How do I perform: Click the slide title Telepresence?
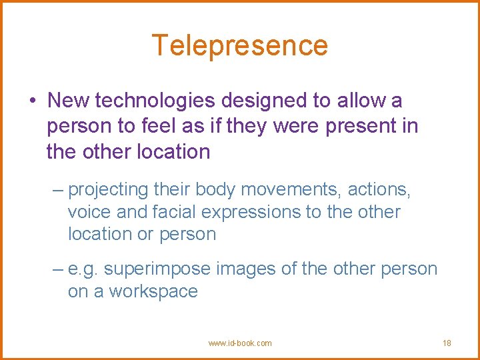(x=240, y=45)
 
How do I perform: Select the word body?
(x=215, y=190)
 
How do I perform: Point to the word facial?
(x=175, y=212)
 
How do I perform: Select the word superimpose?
(x=157, y=269)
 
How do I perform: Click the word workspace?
(x=153, y=291)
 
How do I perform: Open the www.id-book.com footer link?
(x=240, y=343)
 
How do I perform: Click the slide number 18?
(x=447, y=343)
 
